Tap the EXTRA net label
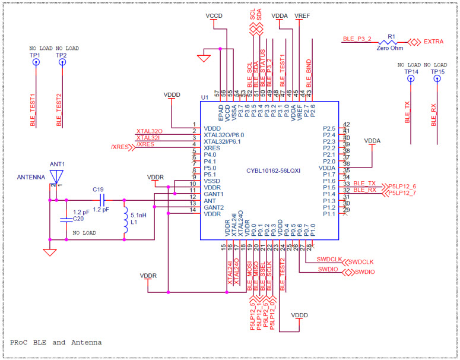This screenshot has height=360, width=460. tap(434, 42)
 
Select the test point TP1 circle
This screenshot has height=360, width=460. tap(36, 62)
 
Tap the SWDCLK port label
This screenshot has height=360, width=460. tap(361, 261)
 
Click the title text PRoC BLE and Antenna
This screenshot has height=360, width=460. tap(55, 342)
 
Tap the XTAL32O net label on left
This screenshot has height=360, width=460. tap(150, 131)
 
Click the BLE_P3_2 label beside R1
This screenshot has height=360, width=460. tap(357, 39)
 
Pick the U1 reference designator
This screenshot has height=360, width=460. tap(205, 97)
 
